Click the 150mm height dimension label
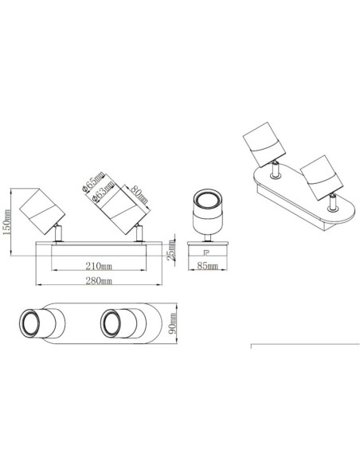[x=8, y=225]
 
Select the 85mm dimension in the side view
[x=209, y=266]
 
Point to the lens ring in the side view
[x=206, y=200]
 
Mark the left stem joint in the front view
[x=59, y=233]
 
